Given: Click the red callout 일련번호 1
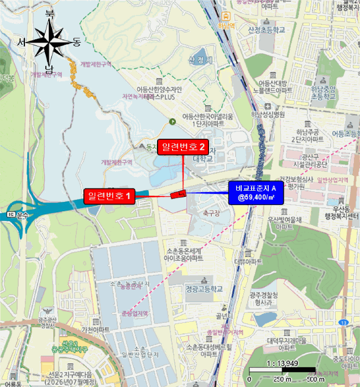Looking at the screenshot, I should (x=109, y=195).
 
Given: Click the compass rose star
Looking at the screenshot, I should (x=49, y=41).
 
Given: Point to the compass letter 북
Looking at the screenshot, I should (x=50, y=13).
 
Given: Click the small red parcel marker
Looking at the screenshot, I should (x=178, y=194).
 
